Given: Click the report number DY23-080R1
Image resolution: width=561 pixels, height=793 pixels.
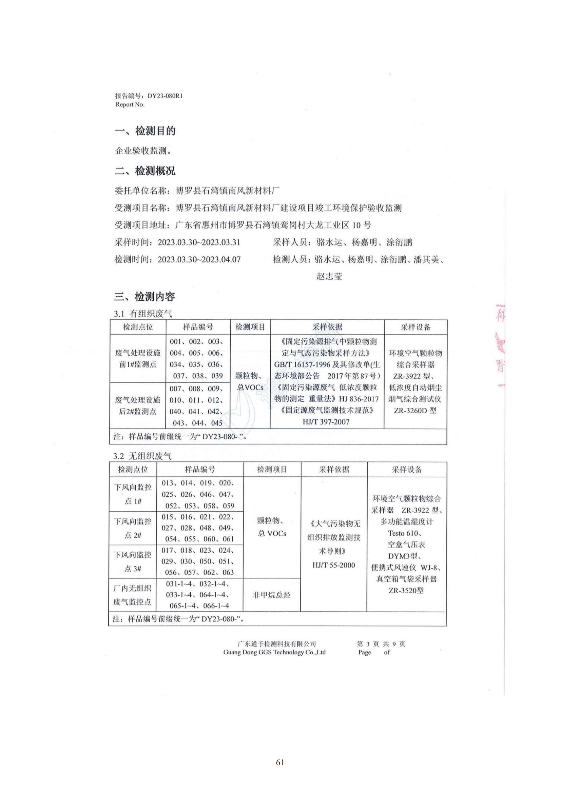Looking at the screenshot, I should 165,96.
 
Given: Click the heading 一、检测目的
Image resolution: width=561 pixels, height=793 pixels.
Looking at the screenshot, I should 145,131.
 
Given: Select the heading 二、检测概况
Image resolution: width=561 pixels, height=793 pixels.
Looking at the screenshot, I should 145,171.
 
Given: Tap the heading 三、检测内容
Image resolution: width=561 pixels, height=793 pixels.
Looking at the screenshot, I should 145,296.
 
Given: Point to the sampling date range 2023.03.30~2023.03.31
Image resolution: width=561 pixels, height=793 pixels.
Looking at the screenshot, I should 199,242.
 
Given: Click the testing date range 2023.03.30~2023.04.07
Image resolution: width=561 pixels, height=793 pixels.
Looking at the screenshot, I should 199,259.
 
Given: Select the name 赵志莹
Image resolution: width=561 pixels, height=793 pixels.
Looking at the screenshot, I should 329,276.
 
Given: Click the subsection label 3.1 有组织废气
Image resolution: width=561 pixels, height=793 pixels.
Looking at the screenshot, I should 143,314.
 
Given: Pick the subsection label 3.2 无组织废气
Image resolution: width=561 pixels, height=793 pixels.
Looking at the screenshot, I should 142,456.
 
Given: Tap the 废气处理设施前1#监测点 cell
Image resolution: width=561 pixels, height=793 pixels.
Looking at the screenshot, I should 138,358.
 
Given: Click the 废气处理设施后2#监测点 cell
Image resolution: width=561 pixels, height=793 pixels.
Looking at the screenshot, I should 138,405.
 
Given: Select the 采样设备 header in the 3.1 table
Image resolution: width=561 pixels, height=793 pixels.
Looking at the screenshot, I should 415,327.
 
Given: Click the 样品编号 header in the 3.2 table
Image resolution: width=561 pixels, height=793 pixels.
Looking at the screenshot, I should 200,469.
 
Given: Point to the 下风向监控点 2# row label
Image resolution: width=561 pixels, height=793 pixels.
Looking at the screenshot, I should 133,528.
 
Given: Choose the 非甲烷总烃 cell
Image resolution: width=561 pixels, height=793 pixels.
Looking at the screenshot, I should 272,595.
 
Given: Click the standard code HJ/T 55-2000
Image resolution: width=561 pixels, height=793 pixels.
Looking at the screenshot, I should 334,565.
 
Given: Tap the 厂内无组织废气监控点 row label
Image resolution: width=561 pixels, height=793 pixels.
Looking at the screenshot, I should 132,595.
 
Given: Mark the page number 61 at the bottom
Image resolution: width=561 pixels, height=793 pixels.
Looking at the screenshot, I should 280,762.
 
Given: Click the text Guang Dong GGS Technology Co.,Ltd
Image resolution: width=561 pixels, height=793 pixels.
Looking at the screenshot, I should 274,652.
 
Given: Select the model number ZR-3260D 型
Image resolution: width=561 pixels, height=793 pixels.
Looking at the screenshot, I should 415,410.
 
